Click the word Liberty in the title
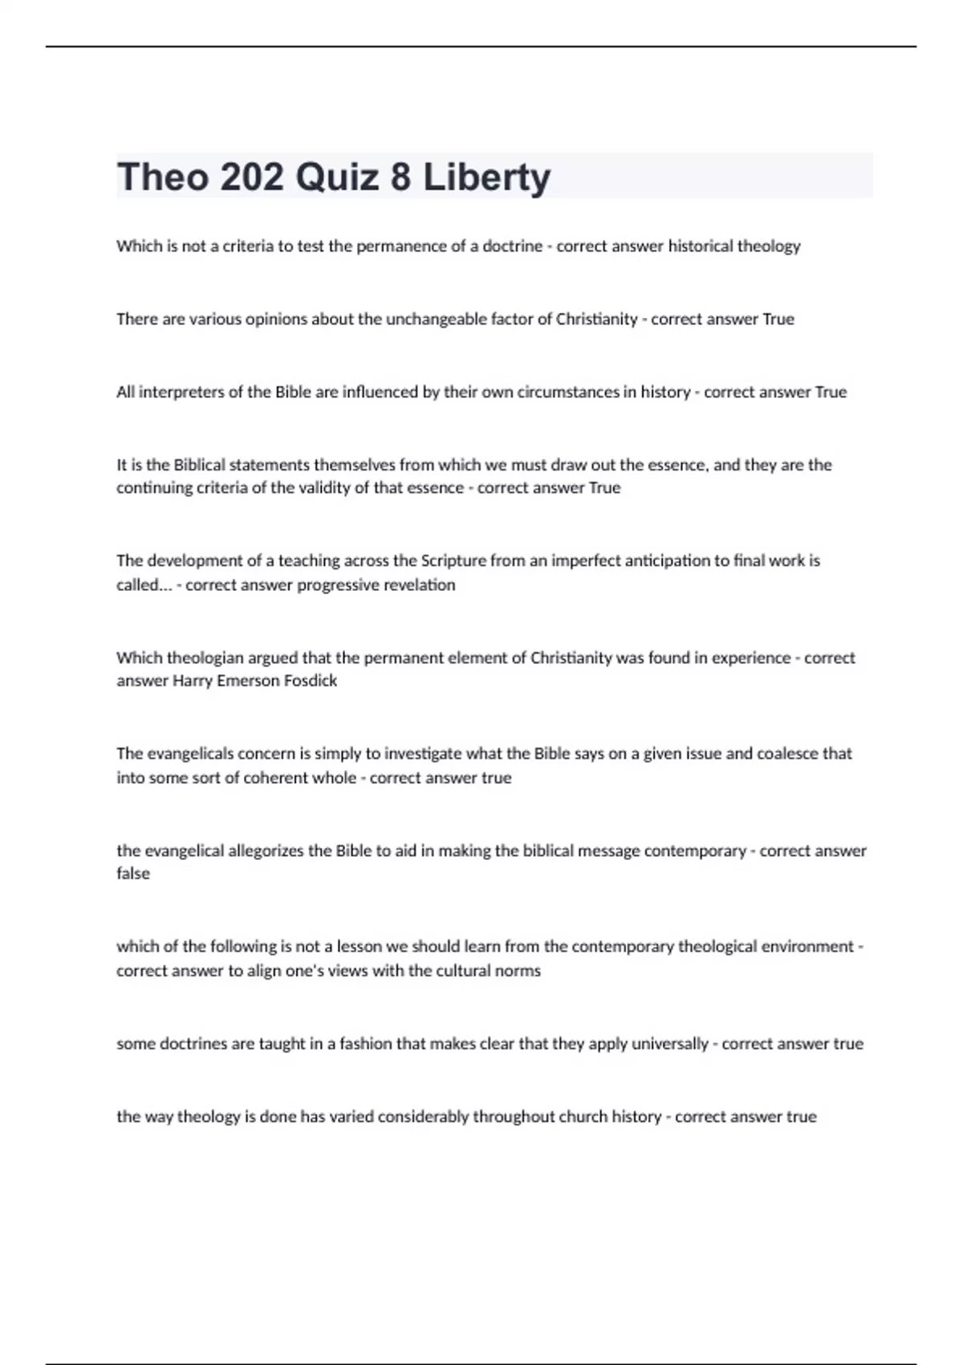486,177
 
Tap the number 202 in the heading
251,177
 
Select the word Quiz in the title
337,177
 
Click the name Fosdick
311,681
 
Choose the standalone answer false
133,874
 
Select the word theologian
204,658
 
